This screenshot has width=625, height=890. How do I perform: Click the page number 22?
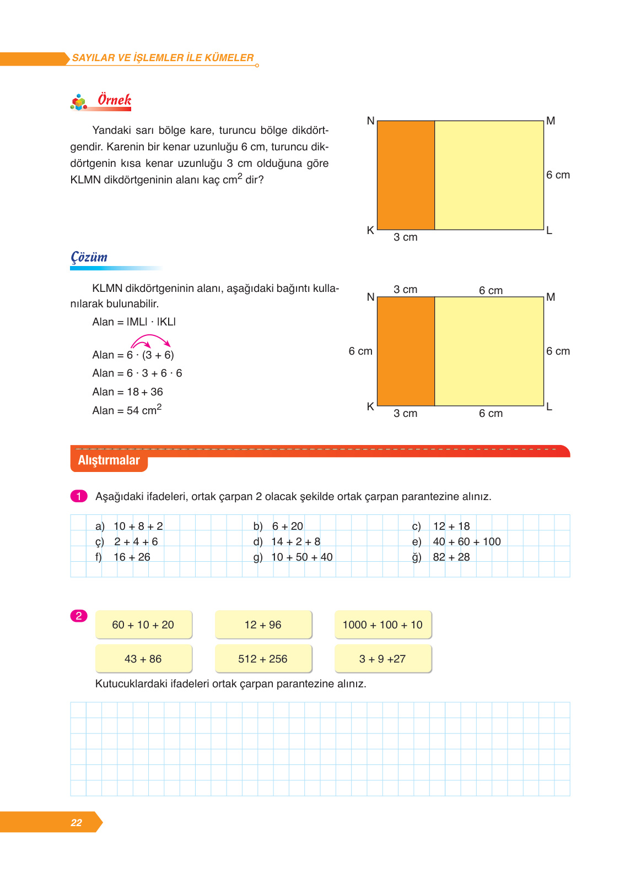pyautogui.click(x=76, y=822)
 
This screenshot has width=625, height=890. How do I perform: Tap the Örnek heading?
pyautogui.click(x=114, y=100)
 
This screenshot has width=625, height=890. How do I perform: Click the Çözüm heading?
pyautogui.click(x=89, y=257)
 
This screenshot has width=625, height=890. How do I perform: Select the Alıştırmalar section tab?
pyautogui.click(x=109, y=460)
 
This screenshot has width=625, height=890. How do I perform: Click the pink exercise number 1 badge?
pyautogui.click(x=79, y=496)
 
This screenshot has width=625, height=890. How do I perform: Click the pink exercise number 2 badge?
pyautogui.click(x=79, y=616)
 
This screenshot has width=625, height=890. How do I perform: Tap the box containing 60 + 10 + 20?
pyautogui.click(x=143, y=625)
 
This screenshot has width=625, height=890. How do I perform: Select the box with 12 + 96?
pyautogui.click(x=263, y=625)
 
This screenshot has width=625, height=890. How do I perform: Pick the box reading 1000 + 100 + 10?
pyautogui.click(x=382, y=625)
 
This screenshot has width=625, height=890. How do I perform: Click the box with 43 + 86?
pyautogui.click(x=143, y=659)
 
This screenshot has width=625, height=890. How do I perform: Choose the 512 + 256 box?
pyautogui.click(x=263, y=659)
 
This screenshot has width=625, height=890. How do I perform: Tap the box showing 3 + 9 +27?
pyautogui.click(x=382, y=659)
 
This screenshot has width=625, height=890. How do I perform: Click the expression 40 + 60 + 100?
pyautogui.click(x=467, y=541)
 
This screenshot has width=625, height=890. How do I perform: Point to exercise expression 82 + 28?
pyautogui.click(x=451, y=557)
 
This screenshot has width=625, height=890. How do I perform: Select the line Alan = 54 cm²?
pyautogui.click(x=127, y=410)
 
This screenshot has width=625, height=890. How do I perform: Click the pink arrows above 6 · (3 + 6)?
pyautogui.click(x=150, y=340)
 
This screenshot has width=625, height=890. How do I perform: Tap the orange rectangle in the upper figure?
pyautogui.click(x=406, y=175)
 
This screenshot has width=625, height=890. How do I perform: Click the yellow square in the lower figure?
pyautogui.click(x=489, y=351)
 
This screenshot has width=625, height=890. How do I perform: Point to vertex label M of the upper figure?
pyautogui.click(x=551, y=121)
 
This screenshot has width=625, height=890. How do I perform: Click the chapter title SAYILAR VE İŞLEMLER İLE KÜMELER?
pyautogui.click(x=163, y=58)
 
